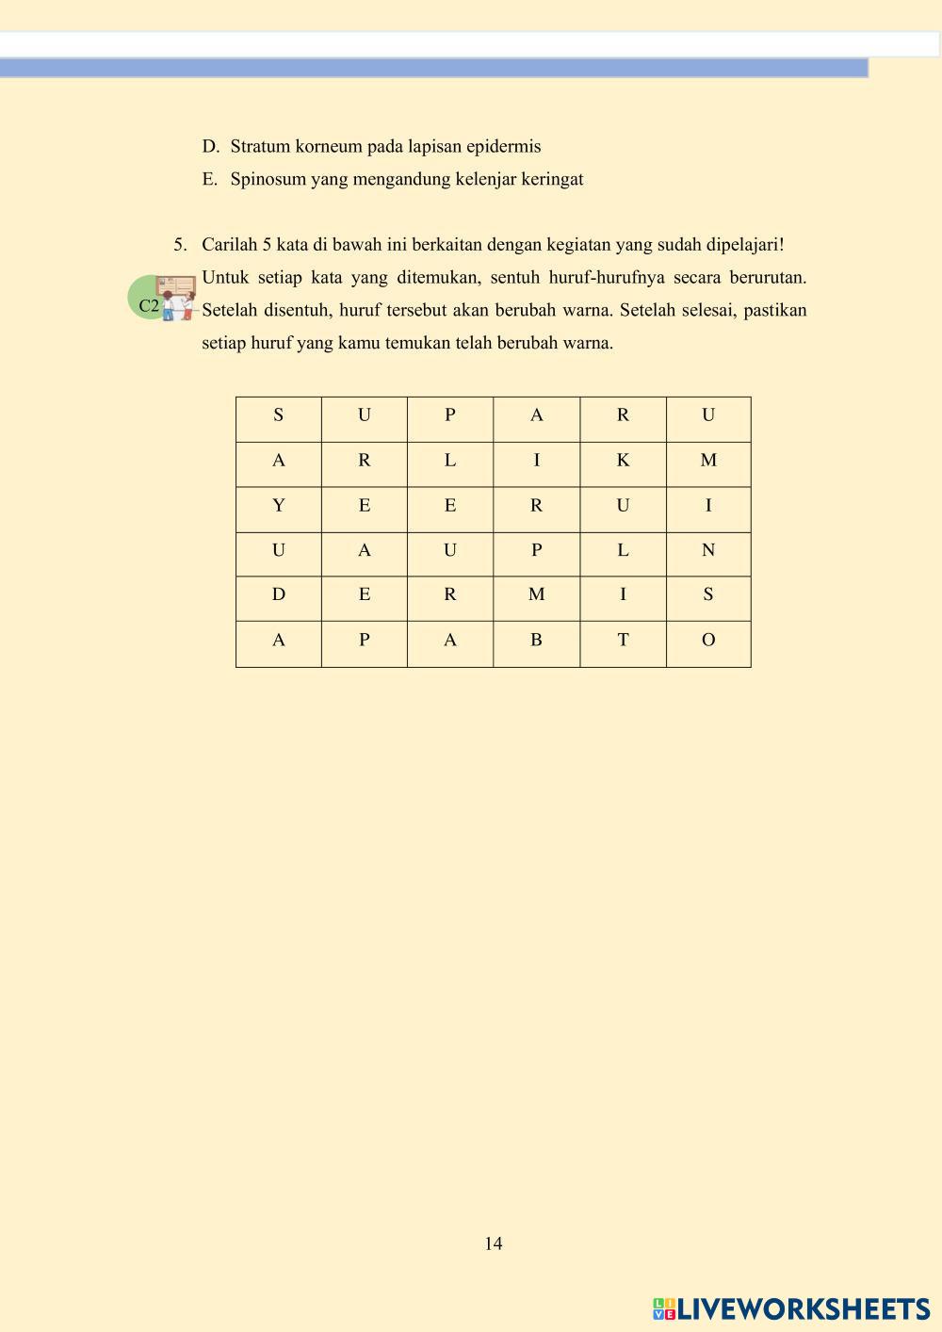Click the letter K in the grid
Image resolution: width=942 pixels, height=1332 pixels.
pos(623,461)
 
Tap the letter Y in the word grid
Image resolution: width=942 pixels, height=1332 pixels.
pos(278,506)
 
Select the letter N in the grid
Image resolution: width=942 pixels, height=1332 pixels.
pos(708,550)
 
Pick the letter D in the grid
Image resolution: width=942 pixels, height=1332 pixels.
pos(278,594)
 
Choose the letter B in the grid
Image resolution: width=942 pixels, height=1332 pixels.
pos(536,641)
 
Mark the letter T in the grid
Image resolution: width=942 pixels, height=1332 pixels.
pos(623,641)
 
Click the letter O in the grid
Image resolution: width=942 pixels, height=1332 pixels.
pos(708,641)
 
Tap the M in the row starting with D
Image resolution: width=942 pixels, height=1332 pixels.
pos(536,594)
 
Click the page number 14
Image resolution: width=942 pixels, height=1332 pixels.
pos(494,1243)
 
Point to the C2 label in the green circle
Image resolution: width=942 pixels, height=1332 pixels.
pos(149,305)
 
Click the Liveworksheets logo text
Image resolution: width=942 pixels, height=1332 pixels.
pos(804,1308)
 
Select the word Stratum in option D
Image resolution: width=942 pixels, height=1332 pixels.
pos(260,146)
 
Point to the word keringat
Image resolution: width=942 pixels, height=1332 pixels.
pos(552,179)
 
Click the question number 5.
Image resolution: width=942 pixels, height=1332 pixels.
pos(179,245)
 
